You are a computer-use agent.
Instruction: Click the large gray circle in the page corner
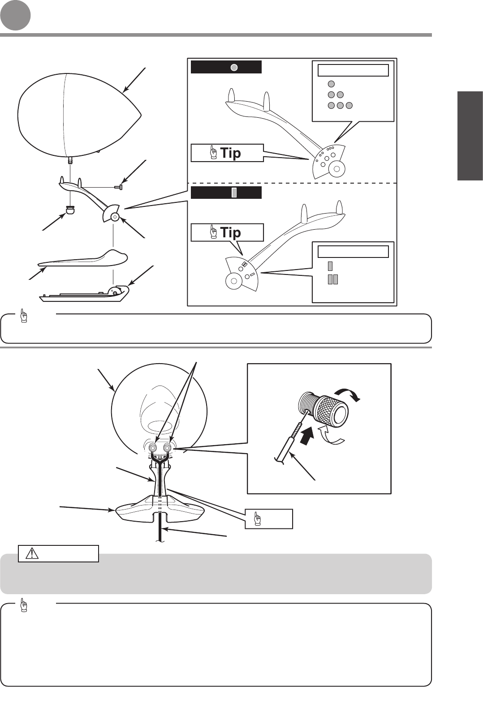click(15, 15)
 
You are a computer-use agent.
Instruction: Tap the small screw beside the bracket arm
click(118, 187)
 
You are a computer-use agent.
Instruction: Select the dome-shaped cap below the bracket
click(70, 209)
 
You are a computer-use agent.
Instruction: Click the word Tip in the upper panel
click(230, 153)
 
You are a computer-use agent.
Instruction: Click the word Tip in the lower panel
click(230, 232)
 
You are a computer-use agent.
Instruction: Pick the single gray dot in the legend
click(331, 84)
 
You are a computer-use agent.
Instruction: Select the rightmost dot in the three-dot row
click(349, 106)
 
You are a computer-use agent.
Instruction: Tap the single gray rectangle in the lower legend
click(330, 266)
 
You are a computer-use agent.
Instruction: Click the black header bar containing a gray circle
click(226, 67)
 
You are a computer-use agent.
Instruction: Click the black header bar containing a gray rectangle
click(226, 193)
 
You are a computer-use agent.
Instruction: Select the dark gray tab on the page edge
click(470, 136)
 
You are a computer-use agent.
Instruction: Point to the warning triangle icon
click(32, 553)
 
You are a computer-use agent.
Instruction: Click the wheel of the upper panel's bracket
click(336, 169)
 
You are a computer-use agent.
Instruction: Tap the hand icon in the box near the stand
click(257, 519)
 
